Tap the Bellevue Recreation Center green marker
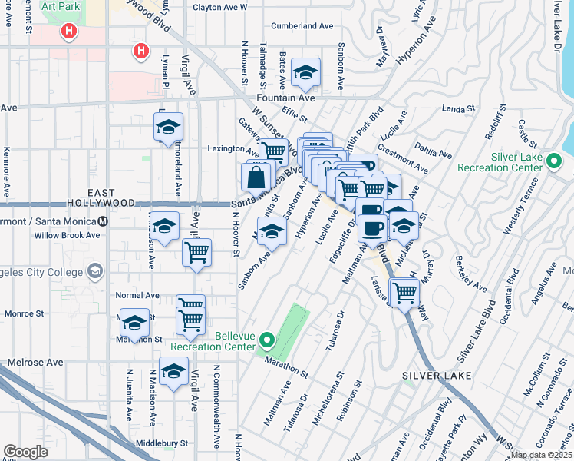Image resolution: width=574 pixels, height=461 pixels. click(x=267, y=339)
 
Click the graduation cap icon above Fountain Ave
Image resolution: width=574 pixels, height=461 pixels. click(x=306, y=74)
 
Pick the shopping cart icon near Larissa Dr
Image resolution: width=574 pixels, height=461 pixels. click(x=404, y=292)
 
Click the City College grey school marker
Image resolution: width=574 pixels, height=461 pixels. click(x=94, y=271)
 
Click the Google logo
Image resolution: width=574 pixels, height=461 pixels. click(x=25, y=452)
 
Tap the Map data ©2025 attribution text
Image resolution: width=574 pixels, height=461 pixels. click(x=542, y=455)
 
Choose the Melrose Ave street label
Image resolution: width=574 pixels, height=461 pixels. click(x=36, y=362)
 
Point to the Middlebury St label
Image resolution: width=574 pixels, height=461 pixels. click(x=161, y=443)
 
